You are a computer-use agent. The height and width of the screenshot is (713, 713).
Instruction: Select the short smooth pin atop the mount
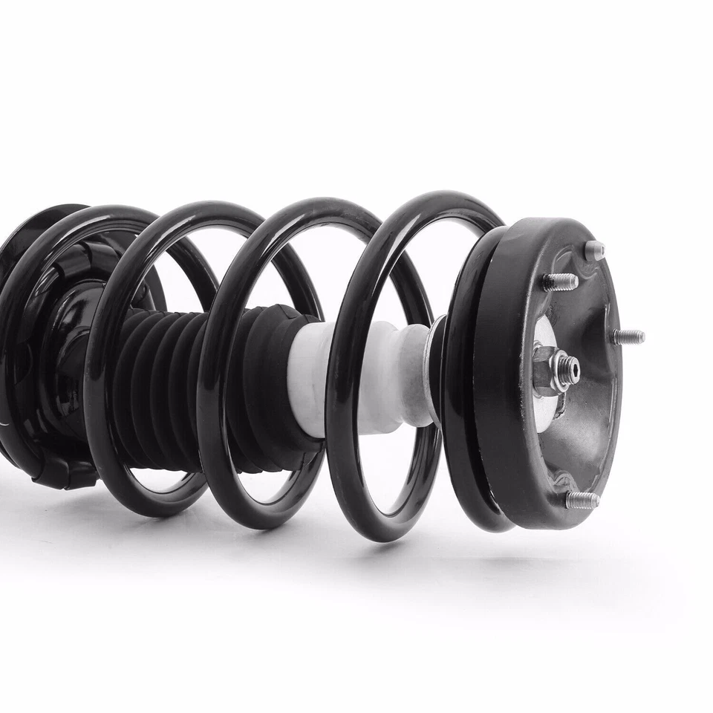[594, 250]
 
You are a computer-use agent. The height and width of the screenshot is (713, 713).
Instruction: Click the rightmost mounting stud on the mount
[628, 336]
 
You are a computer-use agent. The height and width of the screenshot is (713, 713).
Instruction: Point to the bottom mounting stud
[582, 500]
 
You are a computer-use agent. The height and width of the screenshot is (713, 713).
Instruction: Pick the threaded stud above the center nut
[559, 281]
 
